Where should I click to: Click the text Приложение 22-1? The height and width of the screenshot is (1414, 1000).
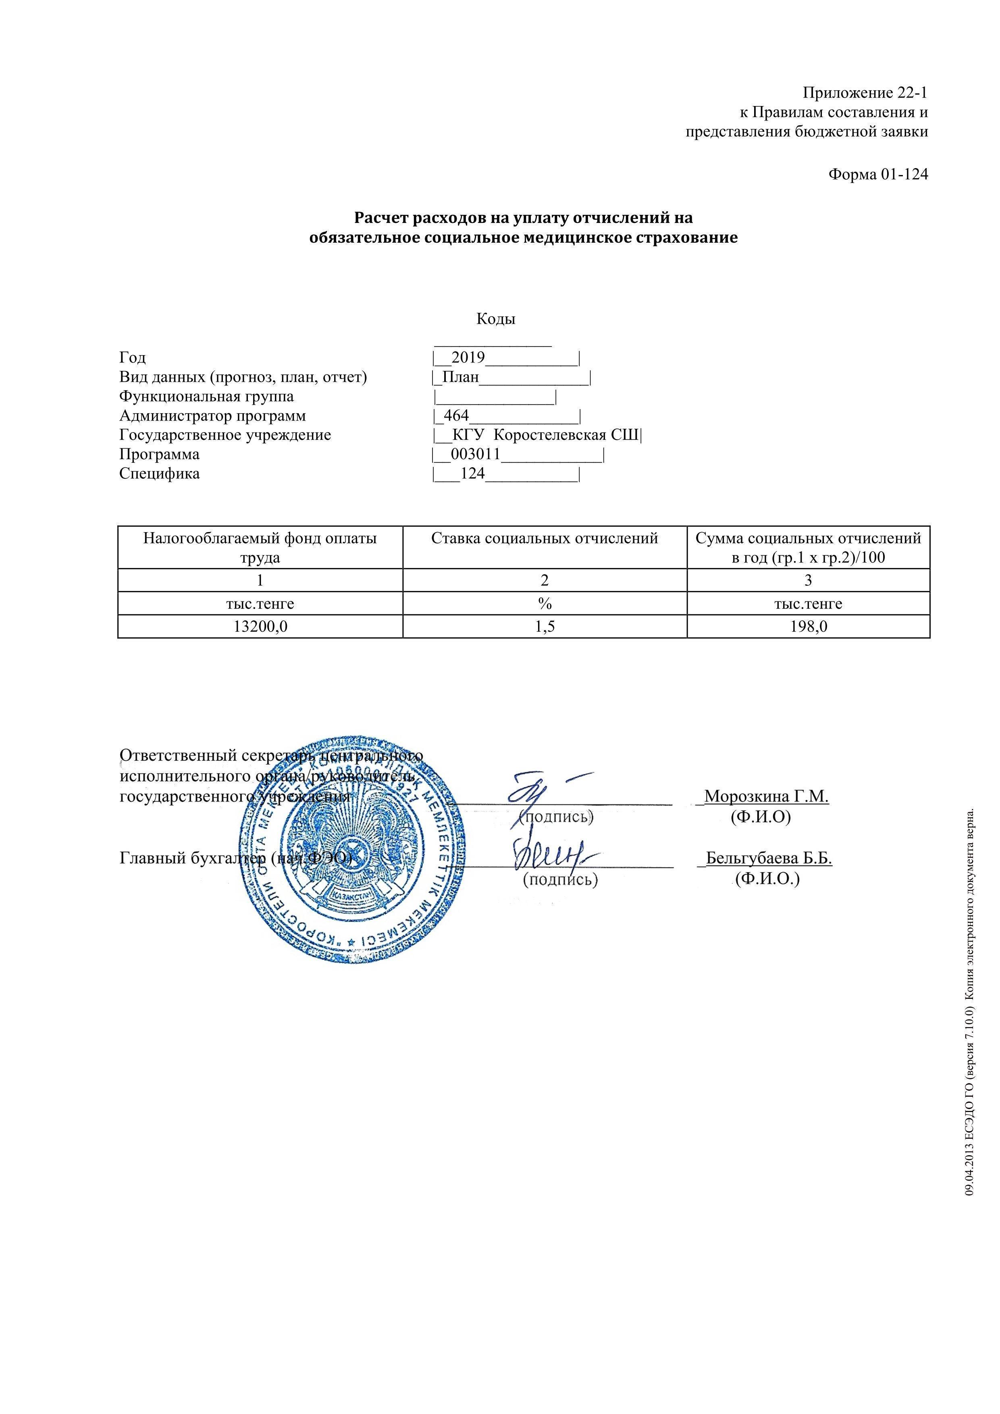(x=865, y=93)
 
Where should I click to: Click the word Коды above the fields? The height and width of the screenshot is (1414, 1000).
(x=496, y=319)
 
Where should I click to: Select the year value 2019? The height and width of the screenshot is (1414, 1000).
(x=468, y=357)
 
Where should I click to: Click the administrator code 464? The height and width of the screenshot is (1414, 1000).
(x=456, y=416)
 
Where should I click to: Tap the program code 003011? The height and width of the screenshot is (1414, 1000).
(x=475, y=455)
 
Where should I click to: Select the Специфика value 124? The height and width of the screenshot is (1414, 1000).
(x=473, y=474)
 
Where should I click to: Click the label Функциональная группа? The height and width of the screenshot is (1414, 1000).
(x=206, y=396)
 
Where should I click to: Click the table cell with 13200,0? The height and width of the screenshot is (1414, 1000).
(x=260, y=627)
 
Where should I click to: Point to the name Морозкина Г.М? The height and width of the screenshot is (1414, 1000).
(x=767, y=796)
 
